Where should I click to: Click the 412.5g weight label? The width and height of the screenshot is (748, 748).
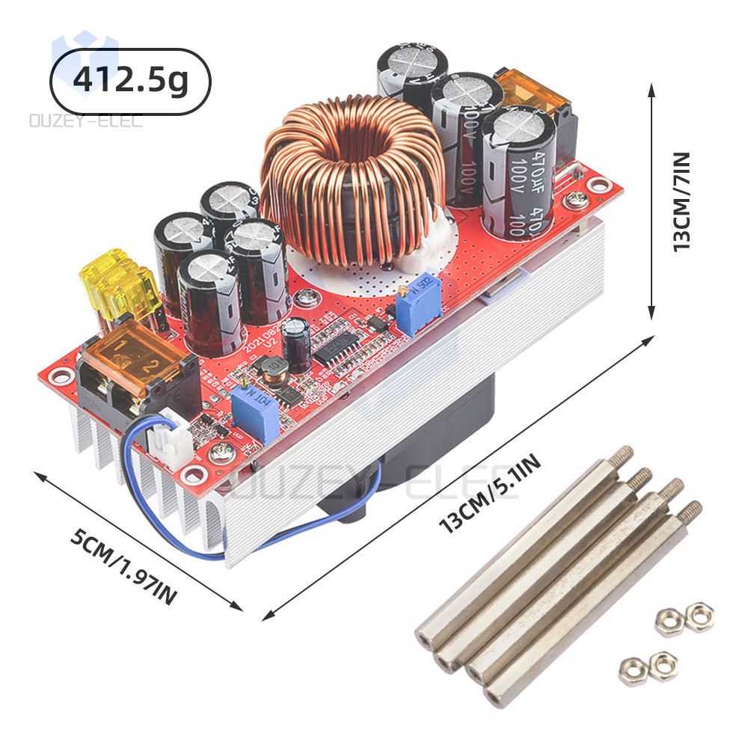click(131, 82)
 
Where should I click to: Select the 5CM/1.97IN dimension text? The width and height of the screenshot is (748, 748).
click(124, 568)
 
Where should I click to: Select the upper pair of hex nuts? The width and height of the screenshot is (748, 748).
click(684, 618)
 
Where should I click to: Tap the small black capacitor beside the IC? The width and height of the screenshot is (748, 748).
click(299, 341)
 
